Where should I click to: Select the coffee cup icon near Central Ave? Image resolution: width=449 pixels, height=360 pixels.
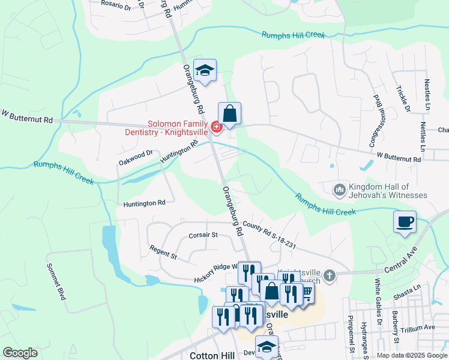[x=405, y=221]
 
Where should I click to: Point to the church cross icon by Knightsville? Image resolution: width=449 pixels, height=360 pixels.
[x=328, y=275]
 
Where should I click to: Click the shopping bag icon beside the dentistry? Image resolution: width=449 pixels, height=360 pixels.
[x=229, y=113]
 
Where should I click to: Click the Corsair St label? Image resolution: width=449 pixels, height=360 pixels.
[x=202, y=235]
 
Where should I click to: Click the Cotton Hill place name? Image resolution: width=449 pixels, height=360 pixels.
[x=211, y=355]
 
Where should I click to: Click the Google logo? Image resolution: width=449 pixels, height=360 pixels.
[x=20, y=353]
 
